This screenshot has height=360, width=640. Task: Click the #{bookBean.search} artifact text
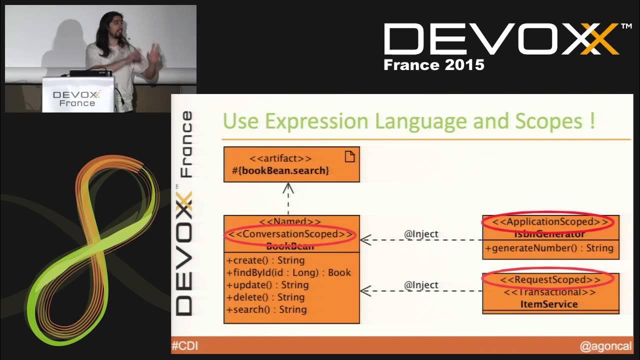280,170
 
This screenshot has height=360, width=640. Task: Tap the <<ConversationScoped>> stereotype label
290,234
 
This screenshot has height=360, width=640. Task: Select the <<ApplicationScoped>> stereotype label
550,221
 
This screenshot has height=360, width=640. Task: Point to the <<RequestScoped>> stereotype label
550,279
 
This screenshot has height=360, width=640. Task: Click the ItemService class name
549,304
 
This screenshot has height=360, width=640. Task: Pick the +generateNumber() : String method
549,248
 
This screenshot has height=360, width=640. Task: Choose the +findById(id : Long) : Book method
288,272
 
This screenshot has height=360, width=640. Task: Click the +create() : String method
265,260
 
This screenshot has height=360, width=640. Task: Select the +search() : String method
266,309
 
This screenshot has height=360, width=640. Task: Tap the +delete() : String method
265,297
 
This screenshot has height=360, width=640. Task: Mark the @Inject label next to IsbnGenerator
421,233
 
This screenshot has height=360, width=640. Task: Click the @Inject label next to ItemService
421,285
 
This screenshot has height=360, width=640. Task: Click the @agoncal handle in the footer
605,345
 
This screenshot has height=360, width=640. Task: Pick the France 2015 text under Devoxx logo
433,65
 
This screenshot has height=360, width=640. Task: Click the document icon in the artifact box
349,156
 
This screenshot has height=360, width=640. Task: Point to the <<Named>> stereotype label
290,221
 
